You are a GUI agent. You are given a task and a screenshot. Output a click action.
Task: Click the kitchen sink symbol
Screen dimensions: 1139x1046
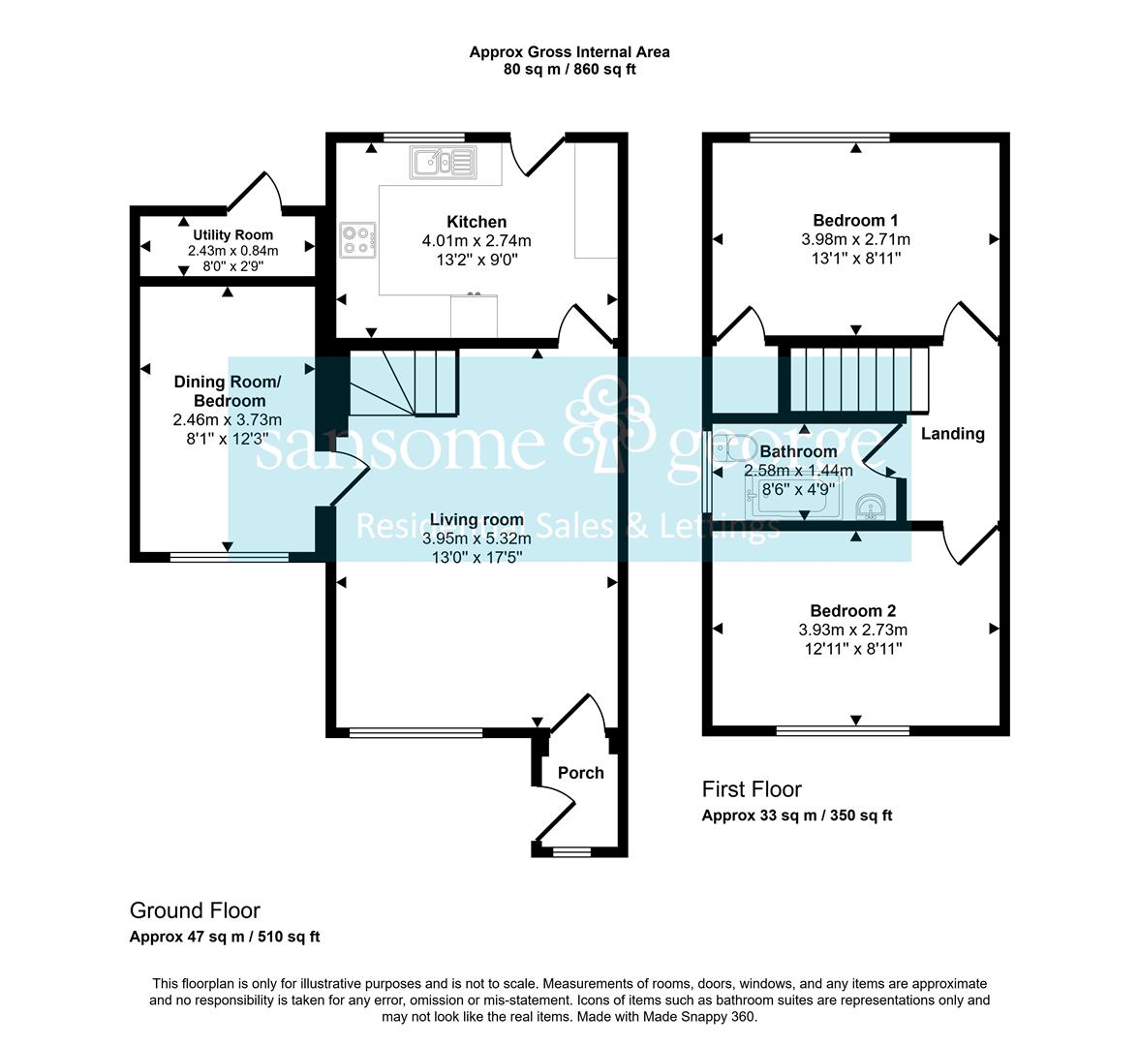(x=444, y=162)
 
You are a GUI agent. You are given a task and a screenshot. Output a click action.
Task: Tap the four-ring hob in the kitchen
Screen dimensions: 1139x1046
(x=357, y=240)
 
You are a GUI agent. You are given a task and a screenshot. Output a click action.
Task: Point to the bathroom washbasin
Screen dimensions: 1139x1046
(x=870, y=507)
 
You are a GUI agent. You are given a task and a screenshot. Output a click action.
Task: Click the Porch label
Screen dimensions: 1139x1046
(x=580, y=773)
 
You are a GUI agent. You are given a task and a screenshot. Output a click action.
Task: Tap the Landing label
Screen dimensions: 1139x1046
(x=952, y=434)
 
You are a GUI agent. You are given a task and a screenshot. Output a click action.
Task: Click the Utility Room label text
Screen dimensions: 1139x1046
(x=232, y=234)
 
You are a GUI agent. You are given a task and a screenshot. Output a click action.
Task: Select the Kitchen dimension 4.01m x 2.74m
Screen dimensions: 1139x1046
(x=477, y=240)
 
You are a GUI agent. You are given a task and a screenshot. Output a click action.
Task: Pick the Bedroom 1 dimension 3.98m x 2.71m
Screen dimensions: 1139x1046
(x=856, y=239)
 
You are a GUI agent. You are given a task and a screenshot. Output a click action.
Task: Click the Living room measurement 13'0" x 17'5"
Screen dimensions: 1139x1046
(x=477, y=557)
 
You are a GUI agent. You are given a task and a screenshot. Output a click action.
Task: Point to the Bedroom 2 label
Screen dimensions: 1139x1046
(x=852, y=611)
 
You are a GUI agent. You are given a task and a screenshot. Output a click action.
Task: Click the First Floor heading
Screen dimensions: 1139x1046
(x=752, y=788)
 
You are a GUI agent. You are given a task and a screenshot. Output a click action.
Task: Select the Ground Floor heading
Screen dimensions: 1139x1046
(x=195, y=910)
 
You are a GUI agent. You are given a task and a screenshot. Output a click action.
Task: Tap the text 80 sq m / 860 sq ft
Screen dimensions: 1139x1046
(x=569, y=70)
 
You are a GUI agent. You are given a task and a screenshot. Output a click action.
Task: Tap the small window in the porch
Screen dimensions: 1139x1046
(x=571, y=851)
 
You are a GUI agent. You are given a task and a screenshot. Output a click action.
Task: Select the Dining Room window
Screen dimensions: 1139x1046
(x=230, y=557)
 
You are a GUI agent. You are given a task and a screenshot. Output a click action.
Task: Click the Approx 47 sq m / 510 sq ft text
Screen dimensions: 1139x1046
(x=225, y=937)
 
